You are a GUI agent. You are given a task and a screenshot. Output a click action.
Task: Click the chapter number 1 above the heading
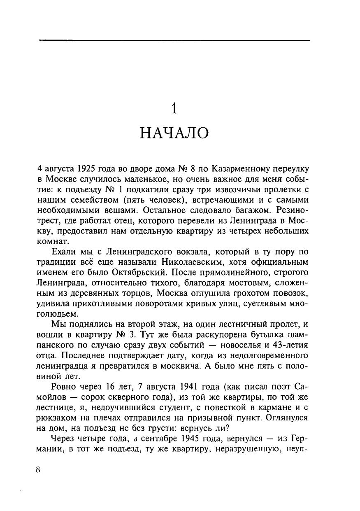pyautogui.click(x=174, y=108)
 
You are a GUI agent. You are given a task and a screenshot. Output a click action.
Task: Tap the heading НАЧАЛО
pyautogui.click(x=174, y=133)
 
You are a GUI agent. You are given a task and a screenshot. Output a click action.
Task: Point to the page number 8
pyautogui.click(x=37, y=470)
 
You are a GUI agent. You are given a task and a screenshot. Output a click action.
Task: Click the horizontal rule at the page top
pyautogui.click(x=174, y=40)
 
